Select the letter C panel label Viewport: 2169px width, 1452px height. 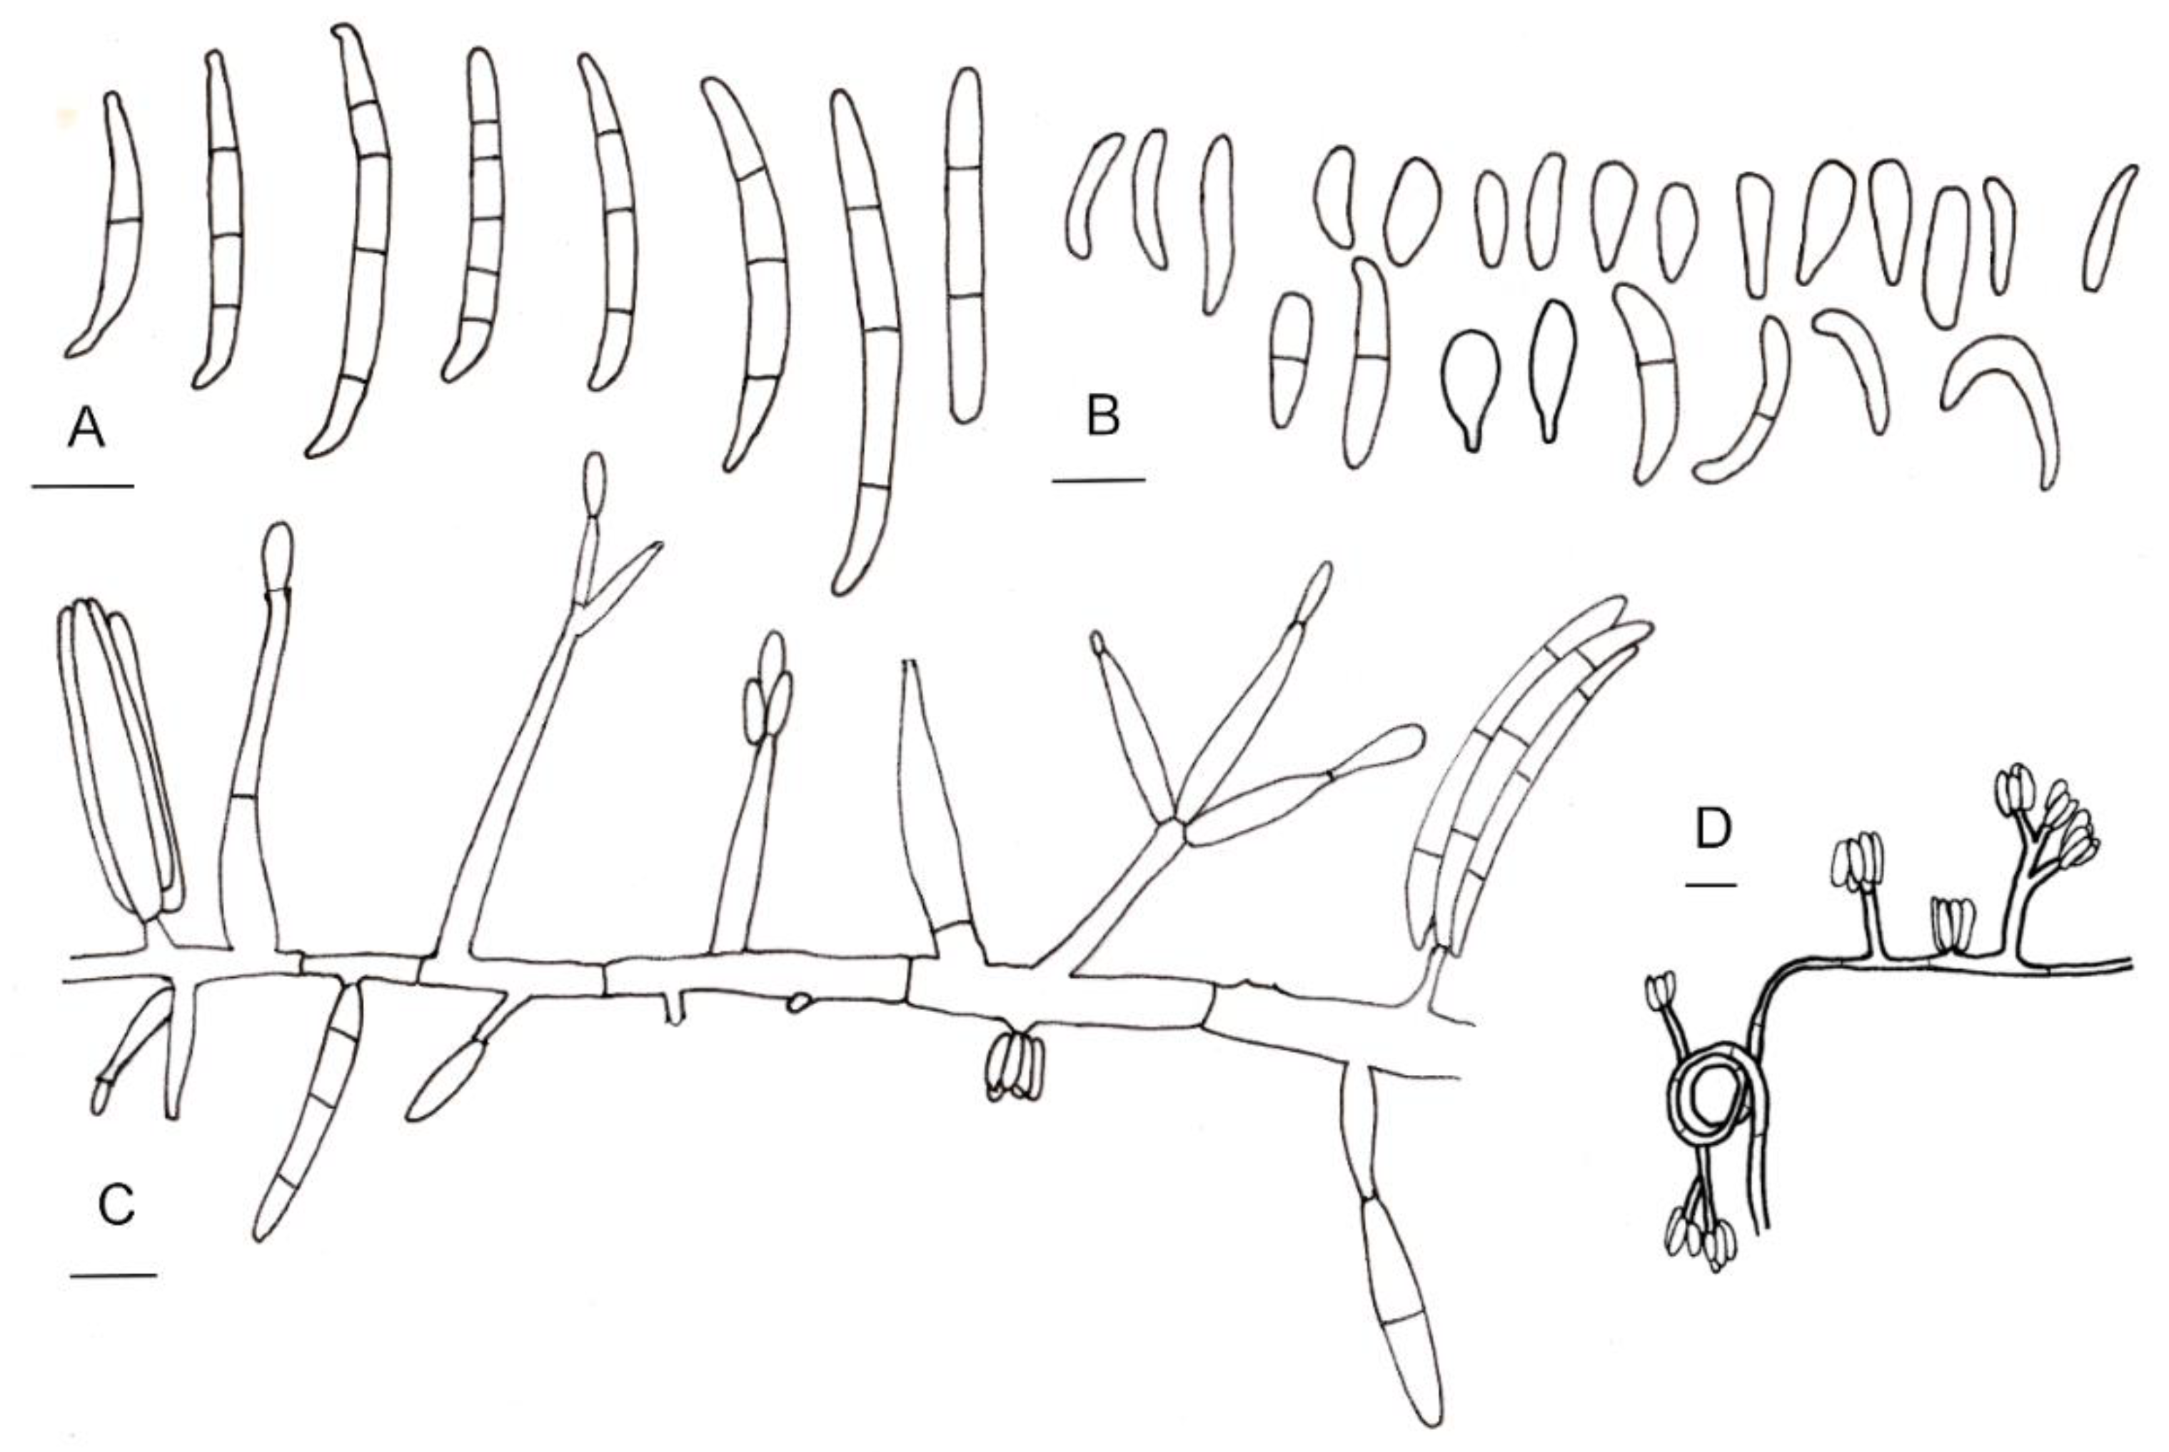[x=116, y=1206]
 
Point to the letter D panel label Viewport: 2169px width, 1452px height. [x=1713, y=831]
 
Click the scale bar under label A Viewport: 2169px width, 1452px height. [x=82, y=485]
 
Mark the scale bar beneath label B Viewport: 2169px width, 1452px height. [x=1099, y=480]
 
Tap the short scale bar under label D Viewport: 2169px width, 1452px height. [x=1710, y=886]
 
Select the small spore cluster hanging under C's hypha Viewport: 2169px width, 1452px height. [x=1015, y=1067]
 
